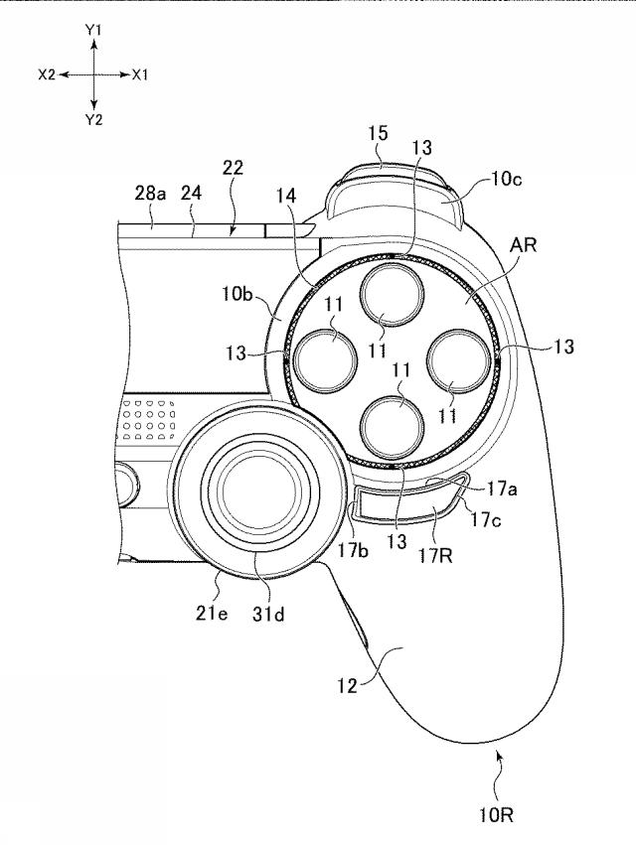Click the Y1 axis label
[93, 30]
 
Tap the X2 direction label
[47, 74]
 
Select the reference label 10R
[496, 815]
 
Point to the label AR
[524, 244]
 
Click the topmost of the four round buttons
[393, 297]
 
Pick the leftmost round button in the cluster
[327, 360]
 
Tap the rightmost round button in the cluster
[458, 360]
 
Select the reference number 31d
[268, 614]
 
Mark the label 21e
[212, 613]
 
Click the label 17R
[435, 555]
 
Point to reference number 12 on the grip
[348, 685]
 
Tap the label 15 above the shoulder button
[379, 133]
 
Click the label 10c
[506, 179]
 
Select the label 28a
[150, 193]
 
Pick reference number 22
[233, 168]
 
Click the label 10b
[237, 294]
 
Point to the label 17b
[354, 550]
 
